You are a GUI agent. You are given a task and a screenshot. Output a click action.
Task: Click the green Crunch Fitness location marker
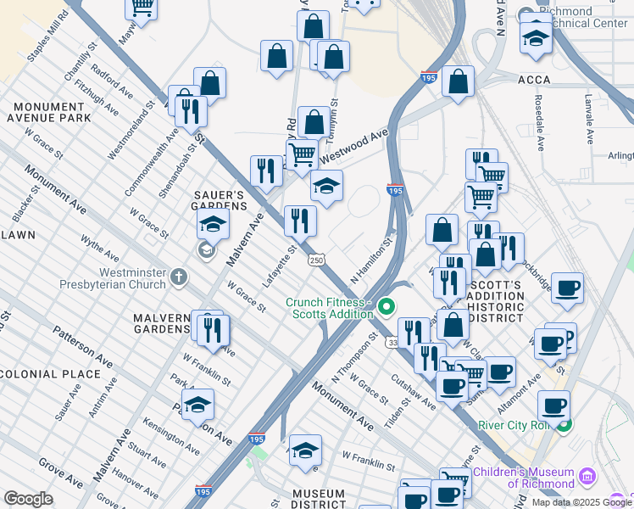(387, 306)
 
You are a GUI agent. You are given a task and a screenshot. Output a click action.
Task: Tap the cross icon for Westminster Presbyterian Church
(178, 277)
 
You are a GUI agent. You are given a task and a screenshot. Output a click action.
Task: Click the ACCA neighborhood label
(529, 80)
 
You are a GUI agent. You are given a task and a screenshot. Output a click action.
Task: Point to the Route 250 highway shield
(316, 259)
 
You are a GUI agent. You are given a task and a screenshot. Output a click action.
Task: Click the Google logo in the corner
(28, 499)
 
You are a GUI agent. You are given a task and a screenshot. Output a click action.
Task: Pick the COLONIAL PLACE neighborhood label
(51, 374)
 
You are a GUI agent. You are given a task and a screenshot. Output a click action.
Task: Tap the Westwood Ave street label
(353, 144)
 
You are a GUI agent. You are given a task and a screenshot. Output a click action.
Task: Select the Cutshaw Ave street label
(413, 392)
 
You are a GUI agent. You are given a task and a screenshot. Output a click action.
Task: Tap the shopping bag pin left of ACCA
(458, 82)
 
